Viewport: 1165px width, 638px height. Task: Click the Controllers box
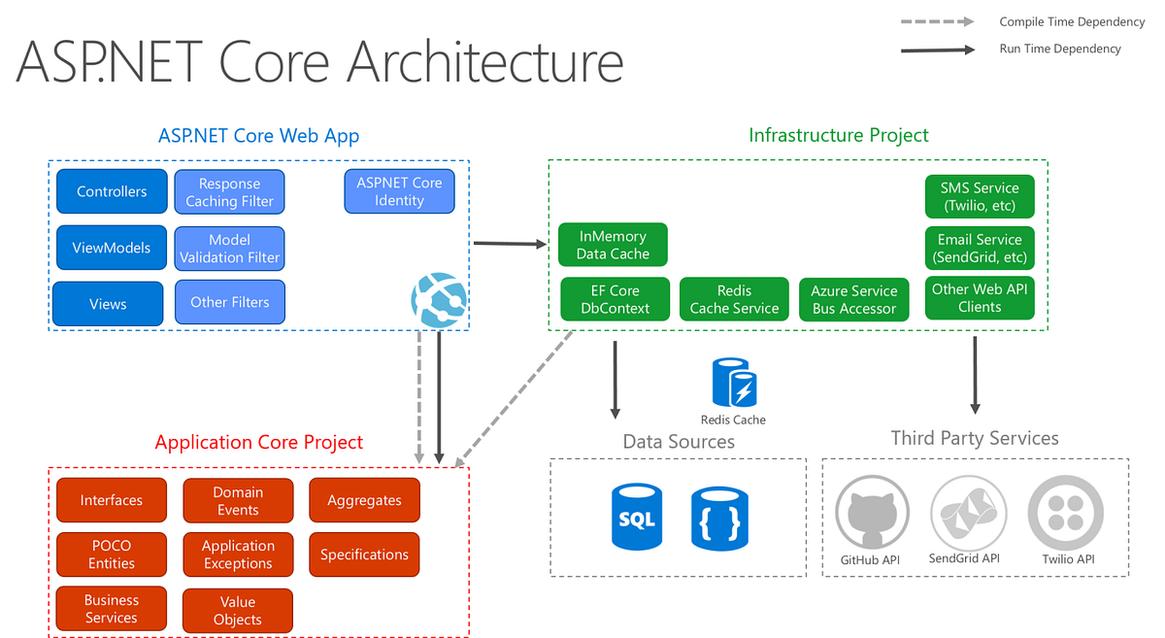pyautogui.click(x=112, y=191)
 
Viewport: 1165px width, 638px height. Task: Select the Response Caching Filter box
pyautogui.click(x=229, y=192)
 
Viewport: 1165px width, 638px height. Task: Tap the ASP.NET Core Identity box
pyautogui.click(x=399, y=191)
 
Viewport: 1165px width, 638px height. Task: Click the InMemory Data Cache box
pyautogui.click(x=613, y=245)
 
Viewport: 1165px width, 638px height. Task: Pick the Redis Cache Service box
pyautogui.click(x=734, y=299)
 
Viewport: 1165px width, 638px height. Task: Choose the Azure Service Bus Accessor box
pyautogui.click(x=854, y=299)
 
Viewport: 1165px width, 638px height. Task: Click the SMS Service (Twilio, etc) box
pyautogui.click(x=980, y=197)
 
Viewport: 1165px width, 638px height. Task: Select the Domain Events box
pyautogui.click(x=238, y=500)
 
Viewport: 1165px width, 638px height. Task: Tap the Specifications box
pyautogui.click(x=364, y=554)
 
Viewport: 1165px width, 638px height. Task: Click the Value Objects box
pyautogui.click(x=238, y=611)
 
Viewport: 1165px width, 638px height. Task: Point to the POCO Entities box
pyautogui.click(x=111, y=554)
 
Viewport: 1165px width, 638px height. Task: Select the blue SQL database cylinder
pyautogui.click(x=637, y=518)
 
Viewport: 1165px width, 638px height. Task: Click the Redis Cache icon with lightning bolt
pyautogui.click(x=734, y=383)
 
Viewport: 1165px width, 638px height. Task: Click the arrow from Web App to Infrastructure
pyautogui.click(x=509, y=243)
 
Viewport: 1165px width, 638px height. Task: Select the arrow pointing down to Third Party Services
pyautogui.click(x=975, y=374)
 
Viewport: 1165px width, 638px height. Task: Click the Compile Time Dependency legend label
pyautogui.click(x=1060, y=22)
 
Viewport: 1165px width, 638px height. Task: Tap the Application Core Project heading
pyautogui.click(x=258, y=443)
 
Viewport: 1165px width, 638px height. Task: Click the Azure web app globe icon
pyautogui.click(x=439, y=298)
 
